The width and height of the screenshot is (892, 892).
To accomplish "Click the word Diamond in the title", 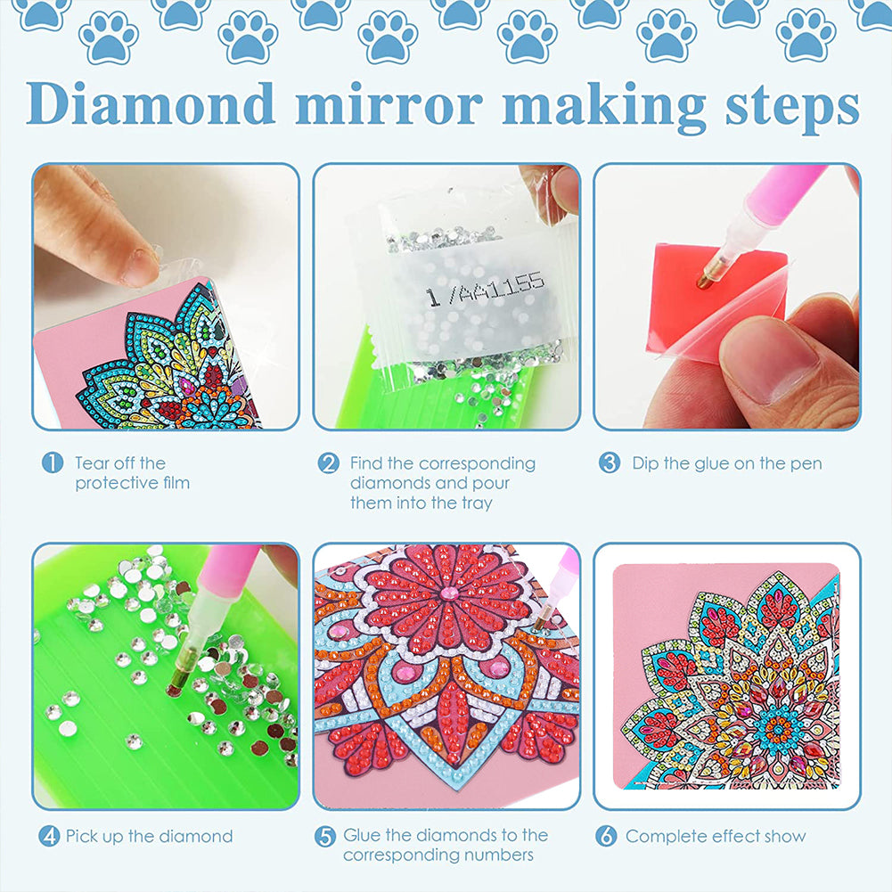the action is coord(151,103).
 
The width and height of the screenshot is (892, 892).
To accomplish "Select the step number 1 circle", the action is coord(53,462).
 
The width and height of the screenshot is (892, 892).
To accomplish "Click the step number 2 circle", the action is coord(328,463).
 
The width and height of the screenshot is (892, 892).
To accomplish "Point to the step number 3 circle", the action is coord(609,462).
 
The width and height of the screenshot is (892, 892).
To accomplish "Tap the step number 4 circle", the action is coord(49,836).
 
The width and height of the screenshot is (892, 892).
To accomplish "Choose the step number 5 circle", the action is coord(325,836).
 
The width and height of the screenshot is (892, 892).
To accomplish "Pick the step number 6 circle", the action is coord(606,836).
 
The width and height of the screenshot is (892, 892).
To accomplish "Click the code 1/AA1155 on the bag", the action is coord(485,289).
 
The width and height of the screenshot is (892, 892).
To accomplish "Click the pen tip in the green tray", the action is coord(173,690).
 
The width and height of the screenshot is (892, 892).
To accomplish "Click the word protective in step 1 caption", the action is coord(111,483).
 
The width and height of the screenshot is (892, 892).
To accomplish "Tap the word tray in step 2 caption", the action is coord(477,503).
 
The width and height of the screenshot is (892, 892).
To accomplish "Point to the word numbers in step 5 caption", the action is coord(498,855).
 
